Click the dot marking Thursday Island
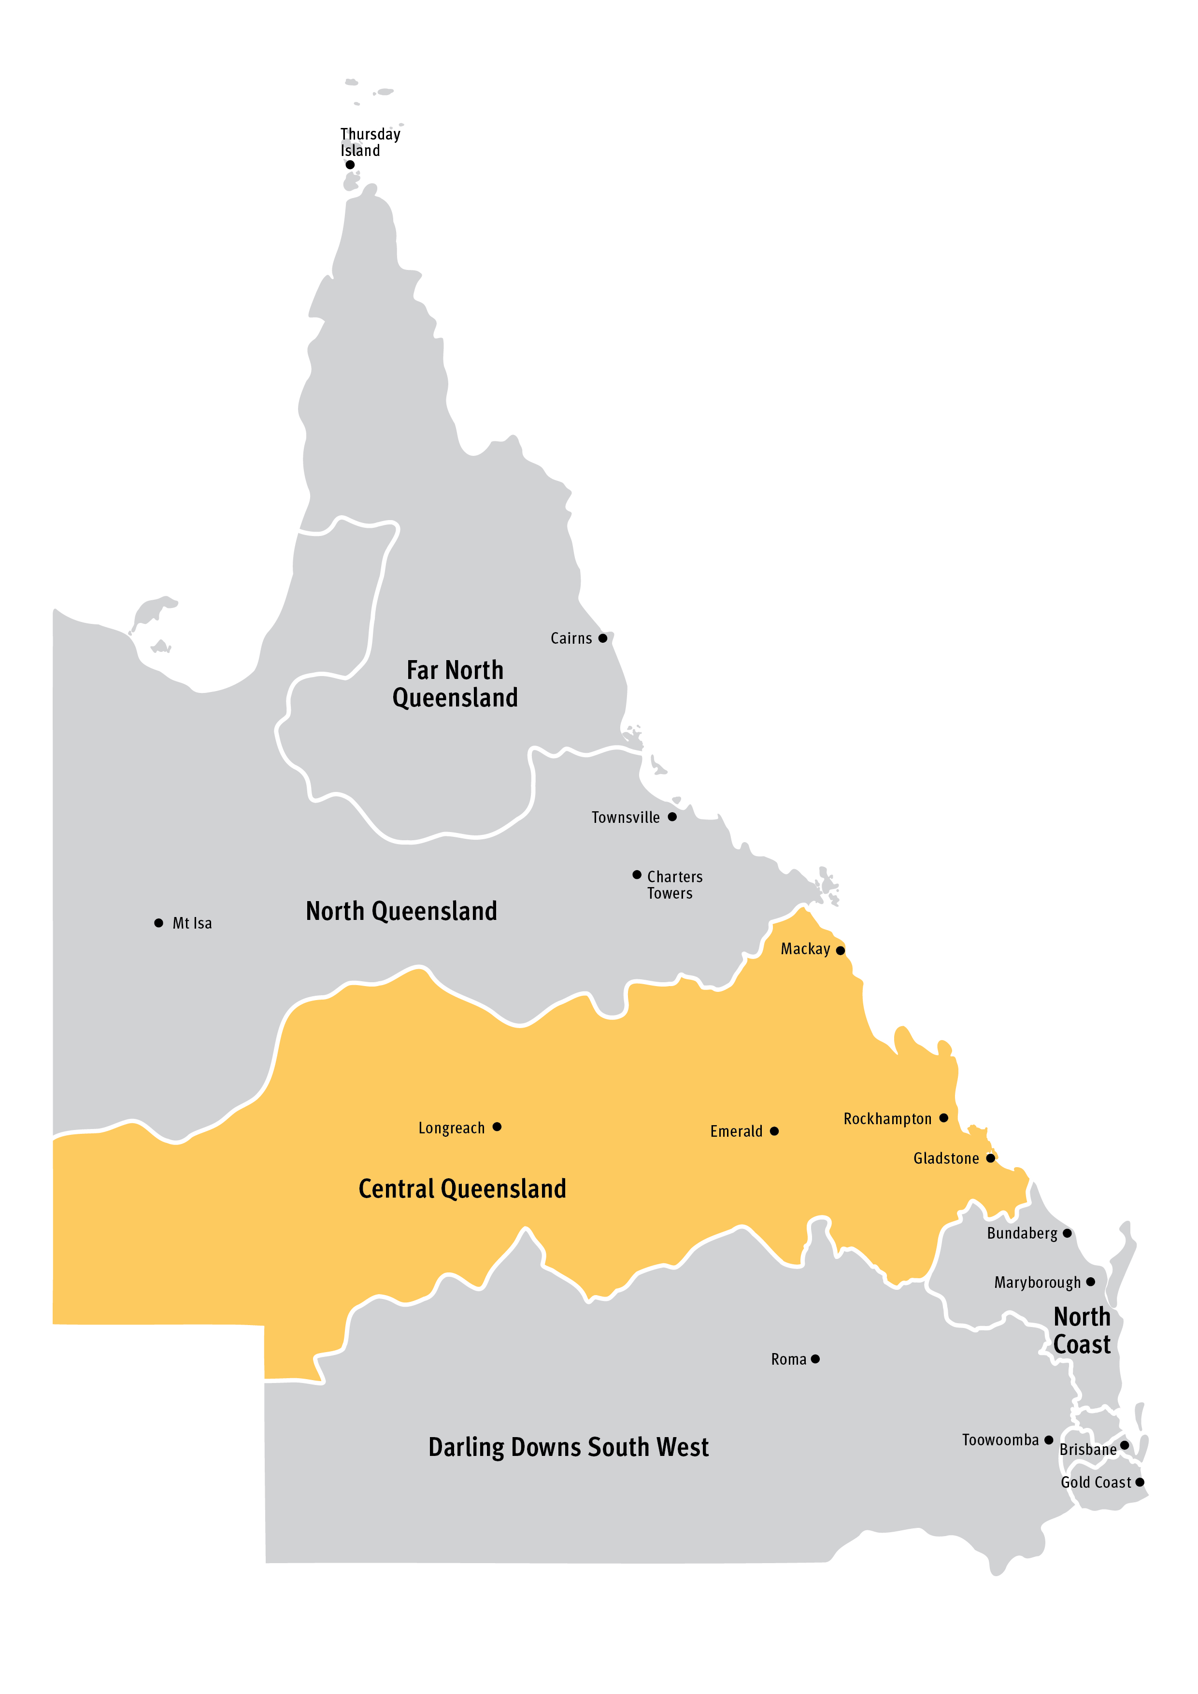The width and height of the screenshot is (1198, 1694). click(350, 165)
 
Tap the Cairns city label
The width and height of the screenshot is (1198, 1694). click(570, 639)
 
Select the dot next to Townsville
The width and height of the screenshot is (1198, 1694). click(672, 817)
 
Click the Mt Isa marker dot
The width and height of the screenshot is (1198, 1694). click(159, 923)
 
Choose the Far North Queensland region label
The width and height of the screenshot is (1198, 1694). click(455, 684)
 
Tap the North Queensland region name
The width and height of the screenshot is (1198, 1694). click(401, 911)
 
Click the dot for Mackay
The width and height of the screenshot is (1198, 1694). click(840, 950)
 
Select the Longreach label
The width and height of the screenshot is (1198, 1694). click(451, 1128)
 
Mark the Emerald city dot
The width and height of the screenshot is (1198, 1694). click(773, 1131)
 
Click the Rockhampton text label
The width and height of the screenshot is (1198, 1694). click(887, 1119)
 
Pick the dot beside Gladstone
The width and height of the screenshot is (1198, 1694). click(991, 1158)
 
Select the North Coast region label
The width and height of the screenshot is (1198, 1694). click(1082, 1330)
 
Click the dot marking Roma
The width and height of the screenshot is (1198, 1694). click(815, 1359)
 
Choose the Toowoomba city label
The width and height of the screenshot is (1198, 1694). click(1000, 1440)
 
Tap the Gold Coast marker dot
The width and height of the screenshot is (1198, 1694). click(1140, 1482)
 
